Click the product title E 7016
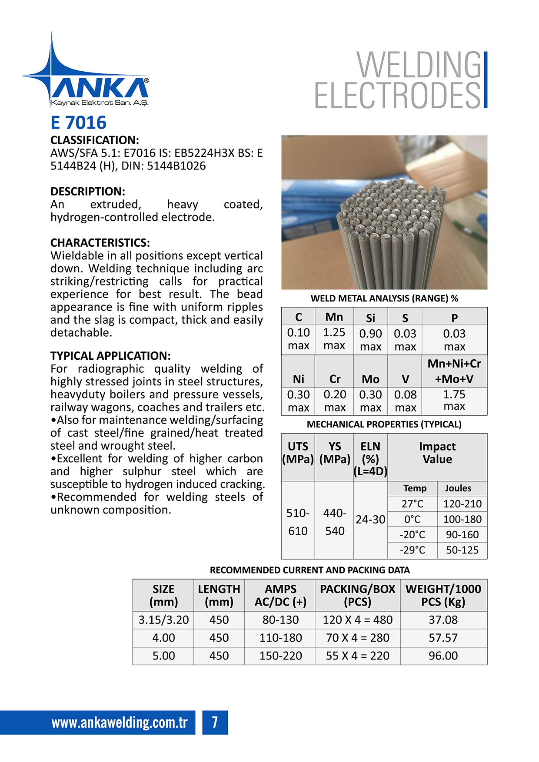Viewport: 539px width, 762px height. (78, 123)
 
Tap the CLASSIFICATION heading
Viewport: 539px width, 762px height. (94, 140)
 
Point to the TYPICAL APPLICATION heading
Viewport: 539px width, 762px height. (110, 356)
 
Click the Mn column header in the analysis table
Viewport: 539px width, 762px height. (334, 317)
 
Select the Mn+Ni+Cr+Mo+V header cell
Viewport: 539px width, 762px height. (454, 371)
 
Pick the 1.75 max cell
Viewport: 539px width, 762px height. (454, 401)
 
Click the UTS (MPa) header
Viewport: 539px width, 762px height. (298, 453)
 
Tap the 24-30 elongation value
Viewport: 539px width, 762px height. (370, 520)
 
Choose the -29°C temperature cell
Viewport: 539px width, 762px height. (412, 550)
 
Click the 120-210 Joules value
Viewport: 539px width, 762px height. (462, 504)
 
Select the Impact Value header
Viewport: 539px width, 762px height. (437, 453)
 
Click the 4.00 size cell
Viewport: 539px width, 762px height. (163, 638)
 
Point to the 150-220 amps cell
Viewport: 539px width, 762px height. (280, 656)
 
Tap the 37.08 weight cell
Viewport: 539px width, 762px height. (443, 620)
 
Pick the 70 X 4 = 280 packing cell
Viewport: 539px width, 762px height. (357, 638)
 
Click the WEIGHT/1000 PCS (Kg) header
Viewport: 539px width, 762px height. (443, 596)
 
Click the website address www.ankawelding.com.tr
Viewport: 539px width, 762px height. (120, 722)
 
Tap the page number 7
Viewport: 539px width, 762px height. (215, 722)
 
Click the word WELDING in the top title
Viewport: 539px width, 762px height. (419, 65)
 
